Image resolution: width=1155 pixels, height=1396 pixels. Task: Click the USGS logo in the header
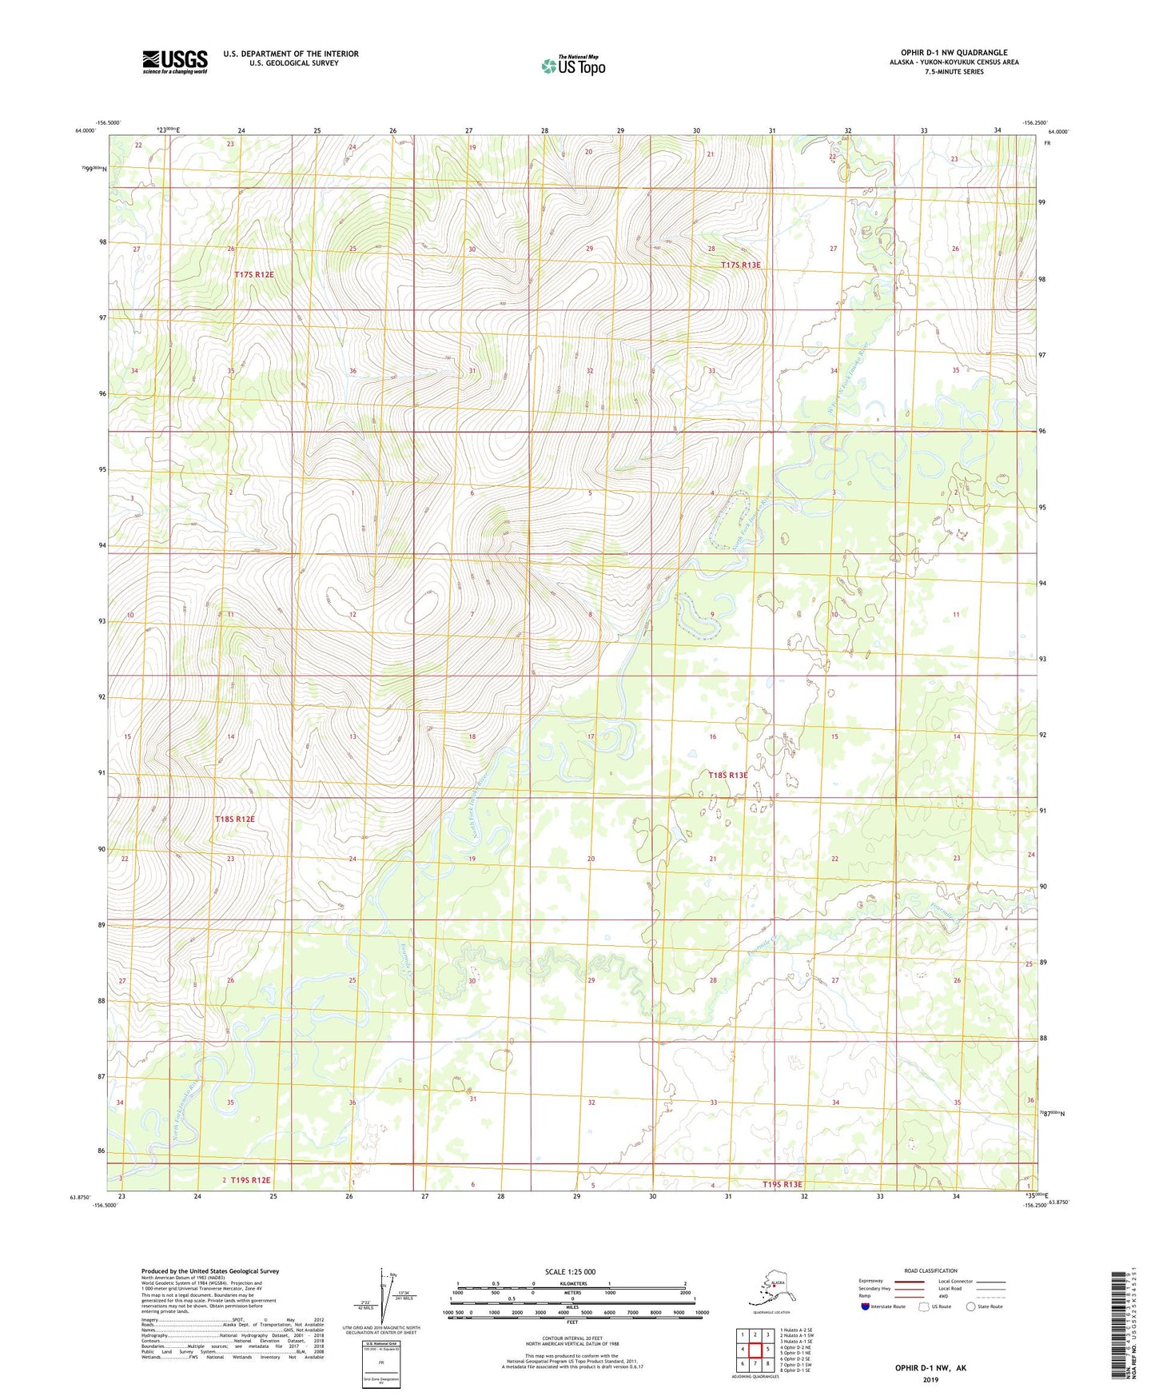click(x=174, y=62)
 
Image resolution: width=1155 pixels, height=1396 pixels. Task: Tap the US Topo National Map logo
click(x=572, y=66)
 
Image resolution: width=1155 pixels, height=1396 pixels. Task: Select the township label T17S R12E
click(x=253, y=274)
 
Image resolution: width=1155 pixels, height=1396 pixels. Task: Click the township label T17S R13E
click(x=740, y=265)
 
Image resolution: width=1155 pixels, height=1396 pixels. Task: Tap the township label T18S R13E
click(x=727, y=775)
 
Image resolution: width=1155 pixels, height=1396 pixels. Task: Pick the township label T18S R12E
click(x=234, y=819)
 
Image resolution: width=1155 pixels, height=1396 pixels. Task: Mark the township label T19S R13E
click(x=782, y=1184)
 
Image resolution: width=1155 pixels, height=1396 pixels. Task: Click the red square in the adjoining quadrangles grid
click(x=755, y=1350)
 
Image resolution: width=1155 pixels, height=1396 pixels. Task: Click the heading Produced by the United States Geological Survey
click(x=209, y=1271)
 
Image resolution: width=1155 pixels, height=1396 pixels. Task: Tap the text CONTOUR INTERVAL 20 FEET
click(x=572, y=1321)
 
